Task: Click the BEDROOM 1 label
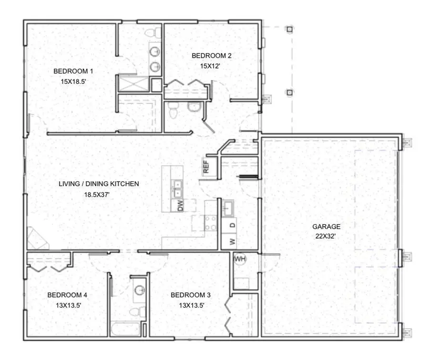pos(73,71)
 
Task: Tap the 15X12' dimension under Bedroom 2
pos(211,66)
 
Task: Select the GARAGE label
pos(326,227)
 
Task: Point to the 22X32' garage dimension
pos(326,236)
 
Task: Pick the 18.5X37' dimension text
pos(97,194)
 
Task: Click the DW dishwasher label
pos(180,206)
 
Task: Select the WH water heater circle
pos(240,259)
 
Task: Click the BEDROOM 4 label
pos(67,295)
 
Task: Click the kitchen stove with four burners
pos(210,223)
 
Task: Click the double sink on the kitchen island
pos(177,189)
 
